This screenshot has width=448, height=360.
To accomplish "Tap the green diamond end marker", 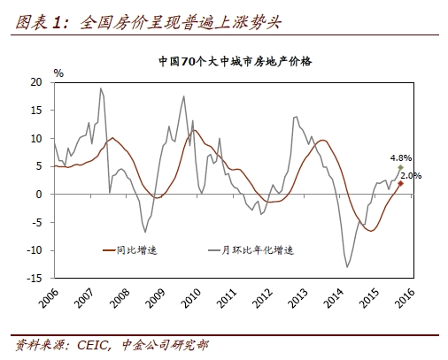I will point(400,167).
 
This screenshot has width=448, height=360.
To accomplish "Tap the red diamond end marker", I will point(400,183).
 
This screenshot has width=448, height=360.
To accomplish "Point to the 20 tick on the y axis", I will point(36,81).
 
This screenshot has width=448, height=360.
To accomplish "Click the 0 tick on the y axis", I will point(39,194).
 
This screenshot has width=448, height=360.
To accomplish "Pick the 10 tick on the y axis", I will point(36,138).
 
